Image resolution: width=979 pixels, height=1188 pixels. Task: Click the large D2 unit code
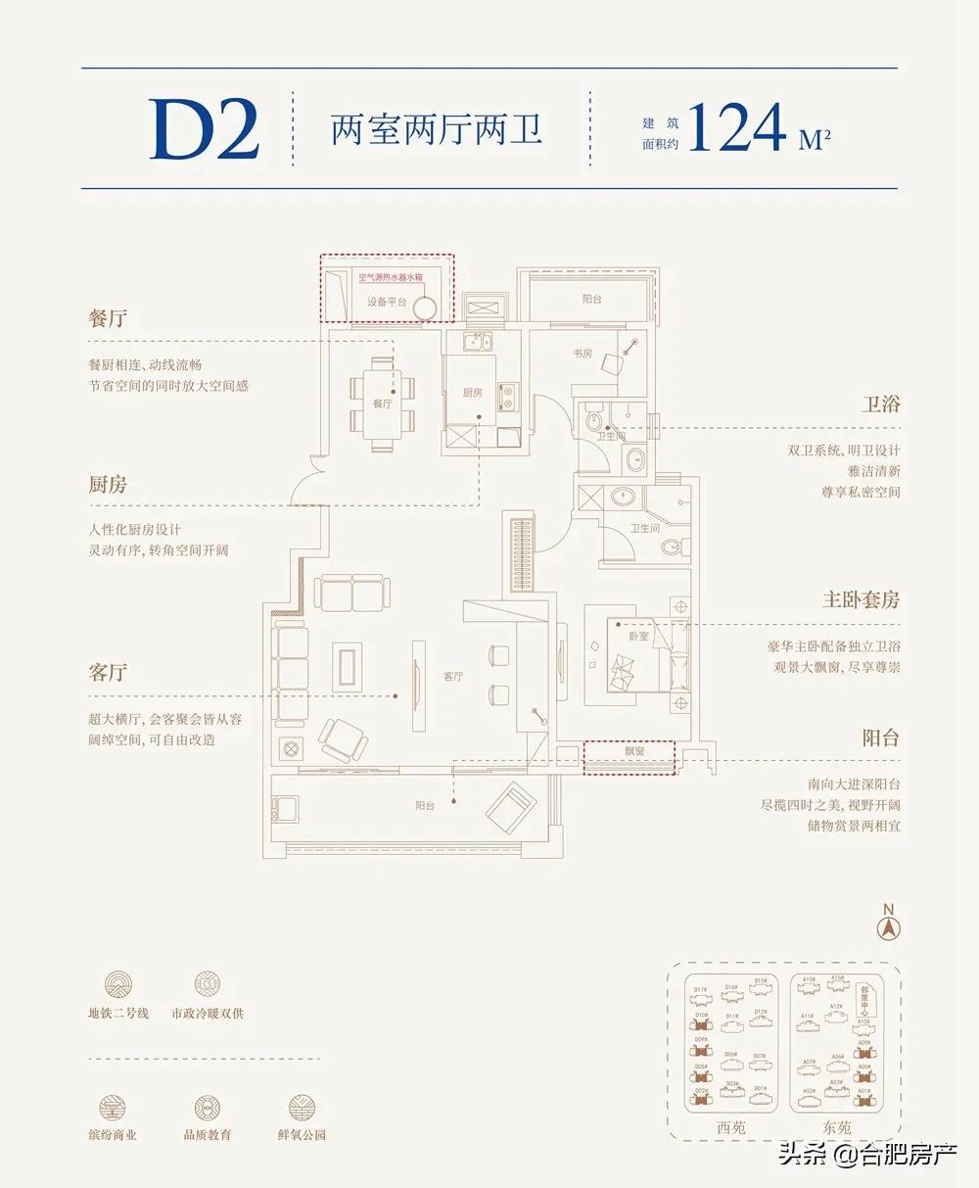[205, 130]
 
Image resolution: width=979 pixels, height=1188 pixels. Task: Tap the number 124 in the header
[737, 127]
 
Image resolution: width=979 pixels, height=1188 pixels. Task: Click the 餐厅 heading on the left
[108, 319]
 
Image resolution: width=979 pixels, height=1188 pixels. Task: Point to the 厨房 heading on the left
[108, 485]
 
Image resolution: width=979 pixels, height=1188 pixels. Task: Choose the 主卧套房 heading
[861, 599]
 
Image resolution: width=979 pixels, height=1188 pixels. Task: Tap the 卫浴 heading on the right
[881, 404]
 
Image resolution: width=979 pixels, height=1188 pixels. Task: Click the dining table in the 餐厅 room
[382, 404]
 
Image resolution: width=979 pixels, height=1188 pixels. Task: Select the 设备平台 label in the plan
[387, 303]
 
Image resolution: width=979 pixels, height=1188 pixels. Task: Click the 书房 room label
[583, 354]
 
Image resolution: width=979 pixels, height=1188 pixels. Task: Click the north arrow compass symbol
[889, 926]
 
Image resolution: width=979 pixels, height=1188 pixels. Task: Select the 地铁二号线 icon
[118, 984]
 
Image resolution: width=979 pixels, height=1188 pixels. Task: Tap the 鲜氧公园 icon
[302, 1108]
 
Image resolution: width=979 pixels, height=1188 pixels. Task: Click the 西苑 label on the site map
[730, 1127]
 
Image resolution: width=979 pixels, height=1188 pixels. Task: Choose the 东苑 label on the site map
[837, 1127]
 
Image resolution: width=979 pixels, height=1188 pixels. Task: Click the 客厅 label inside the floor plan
[452, 677]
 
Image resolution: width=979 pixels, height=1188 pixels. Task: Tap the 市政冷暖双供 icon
[208, 984]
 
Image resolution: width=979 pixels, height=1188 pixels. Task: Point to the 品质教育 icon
[208, 1108]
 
